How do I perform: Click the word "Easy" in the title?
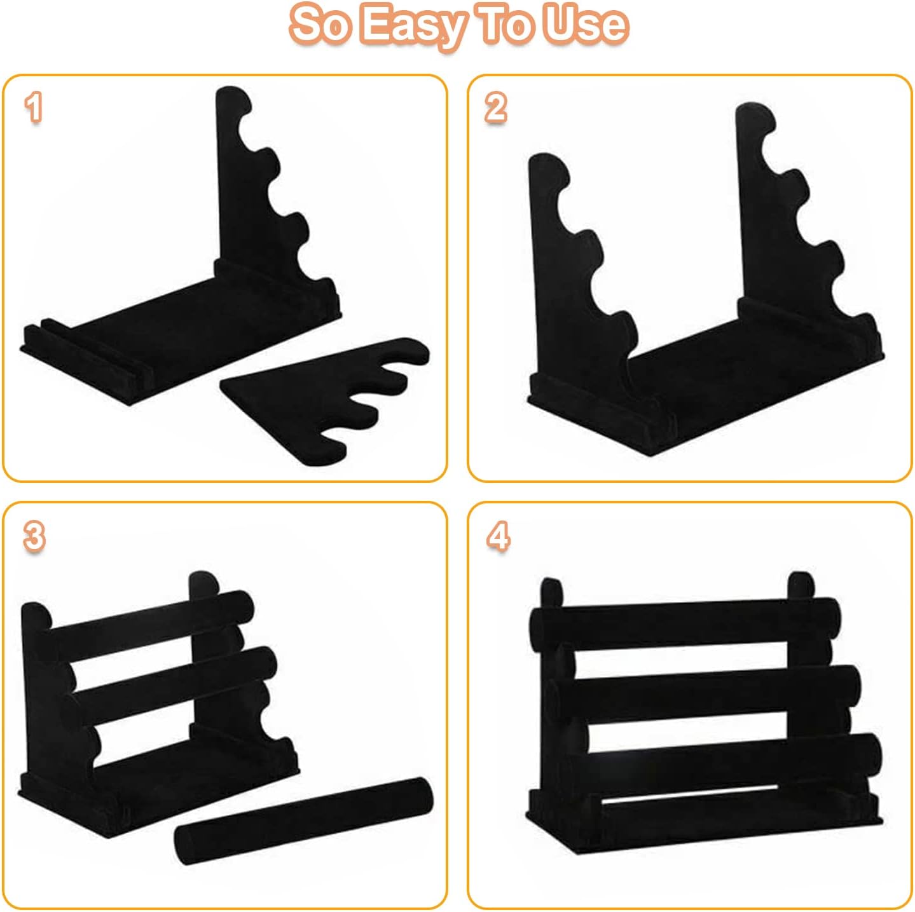click(x=412, y=27)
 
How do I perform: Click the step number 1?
click(x=34, y=108)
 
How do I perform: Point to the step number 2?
click(x=496, y=108)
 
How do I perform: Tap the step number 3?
click(x=34, y=536)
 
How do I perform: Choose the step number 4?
click(x=499, y=536)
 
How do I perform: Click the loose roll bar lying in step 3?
click(x=304, y=821)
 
